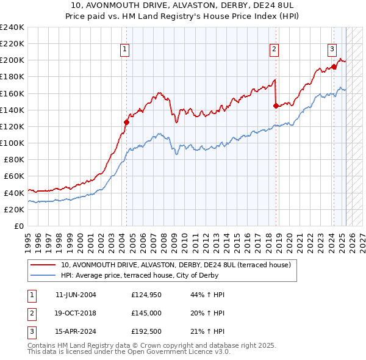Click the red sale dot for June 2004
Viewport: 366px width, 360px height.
(127, 122)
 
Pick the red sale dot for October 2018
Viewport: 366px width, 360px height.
(276, 106)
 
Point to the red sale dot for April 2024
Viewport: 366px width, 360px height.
(334, 67)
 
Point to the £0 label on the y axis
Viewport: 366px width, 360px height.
(18, 226)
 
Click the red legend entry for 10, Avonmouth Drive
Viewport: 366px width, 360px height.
(176, 265)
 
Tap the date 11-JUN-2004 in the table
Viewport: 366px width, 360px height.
(76, 295)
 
